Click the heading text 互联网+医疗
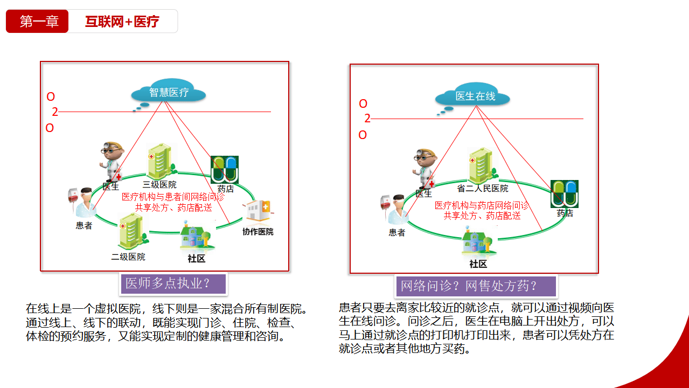tap(122, 22)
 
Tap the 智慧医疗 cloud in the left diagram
tap(169, 93)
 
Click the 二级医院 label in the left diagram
tap(128, 257)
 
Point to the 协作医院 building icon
tap(258, 212)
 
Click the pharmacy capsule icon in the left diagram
tap(225, 169)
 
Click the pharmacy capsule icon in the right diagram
tap(564, 193)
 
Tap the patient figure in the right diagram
tap(394, 211)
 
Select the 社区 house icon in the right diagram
tap(478, 243)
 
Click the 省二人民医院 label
tap(483, 189)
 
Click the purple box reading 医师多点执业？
tap(173, 283)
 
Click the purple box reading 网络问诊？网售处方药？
tap(476, 286)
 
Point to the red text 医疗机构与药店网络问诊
tap(482, 205)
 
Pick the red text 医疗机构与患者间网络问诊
tap(173, 197)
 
